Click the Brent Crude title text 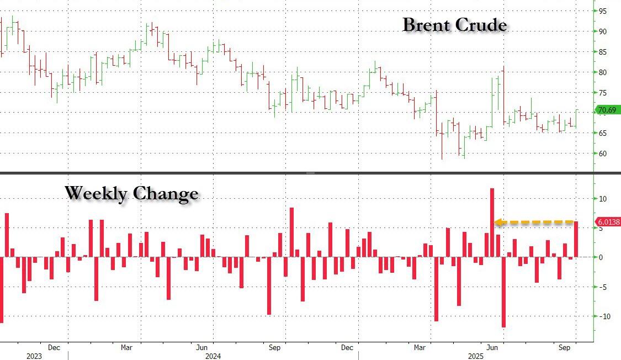(x=454, y=25)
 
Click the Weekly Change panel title (x=131, y=193)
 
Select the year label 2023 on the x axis (x=34, y=356)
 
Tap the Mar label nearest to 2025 (x=420, y=348)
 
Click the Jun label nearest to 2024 (x=201, y=348)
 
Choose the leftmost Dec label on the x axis (x=54, y=348)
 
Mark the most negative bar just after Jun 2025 (x=503, y=292)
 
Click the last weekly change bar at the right (x=576, y=239)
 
